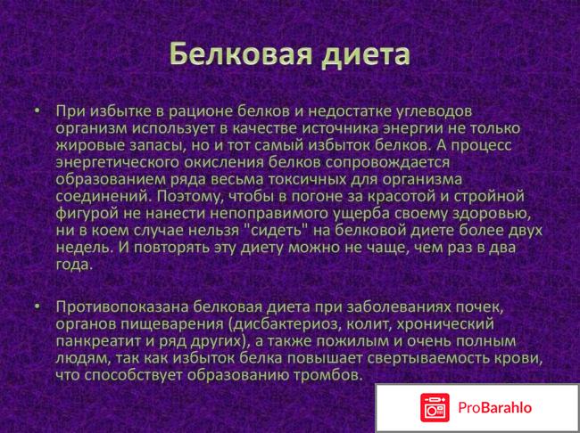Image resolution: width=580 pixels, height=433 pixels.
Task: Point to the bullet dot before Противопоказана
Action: click(x=37, y=307)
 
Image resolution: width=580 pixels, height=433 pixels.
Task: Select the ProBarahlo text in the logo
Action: click(x=496, y=407)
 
